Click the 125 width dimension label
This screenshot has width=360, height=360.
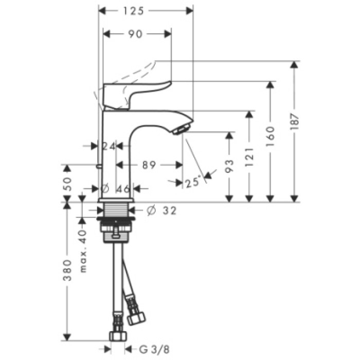pyautogui.click(x=134, y=10)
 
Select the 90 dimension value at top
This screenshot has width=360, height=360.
pyautogui.click(x=135, y=34)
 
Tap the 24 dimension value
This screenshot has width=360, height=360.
pyautogui.click(x=108, y=146)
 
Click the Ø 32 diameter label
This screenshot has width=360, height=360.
pyautogui.click(x=161, y=210)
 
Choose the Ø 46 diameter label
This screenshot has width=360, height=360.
pyautogui.click(x=117, y=189)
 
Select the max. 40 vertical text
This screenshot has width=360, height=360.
pyautogui.click(x=82, y=252)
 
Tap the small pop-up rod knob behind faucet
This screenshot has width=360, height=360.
pyautogui.click(x=99, y=166)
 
